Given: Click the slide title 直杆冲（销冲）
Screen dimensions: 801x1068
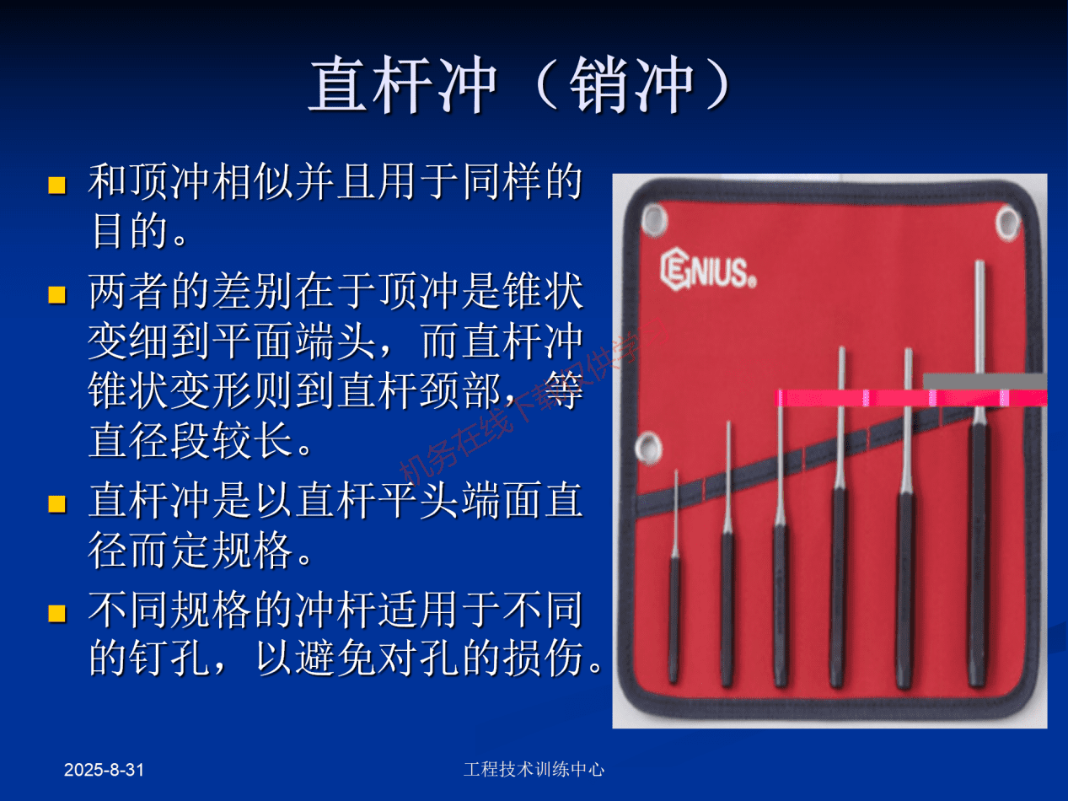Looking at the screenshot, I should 519,86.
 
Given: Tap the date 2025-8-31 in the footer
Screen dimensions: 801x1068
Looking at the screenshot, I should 105,770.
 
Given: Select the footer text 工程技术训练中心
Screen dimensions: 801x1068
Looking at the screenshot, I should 534,769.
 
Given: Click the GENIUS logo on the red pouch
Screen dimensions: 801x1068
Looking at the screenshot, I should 707,270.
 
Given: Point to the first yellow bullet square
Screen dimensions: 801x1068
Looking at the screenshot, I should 57,185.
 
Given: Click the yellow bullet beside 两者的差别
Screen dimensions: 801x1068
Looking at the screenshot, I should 57,294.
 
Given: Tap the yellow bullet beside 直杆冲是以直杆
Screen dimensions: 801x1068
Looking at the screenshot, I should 57,504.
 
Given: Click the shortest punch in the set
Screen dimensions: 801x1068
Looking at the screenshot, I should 674,582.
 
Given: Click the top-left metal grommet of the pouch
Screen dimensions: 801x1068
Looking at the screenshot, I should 654,220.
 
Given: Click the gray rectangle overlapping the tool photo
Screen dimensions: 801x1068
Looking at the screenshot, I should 985,381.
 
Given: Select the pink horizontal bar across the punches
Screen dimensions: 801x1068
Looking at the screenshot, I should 910,398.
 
